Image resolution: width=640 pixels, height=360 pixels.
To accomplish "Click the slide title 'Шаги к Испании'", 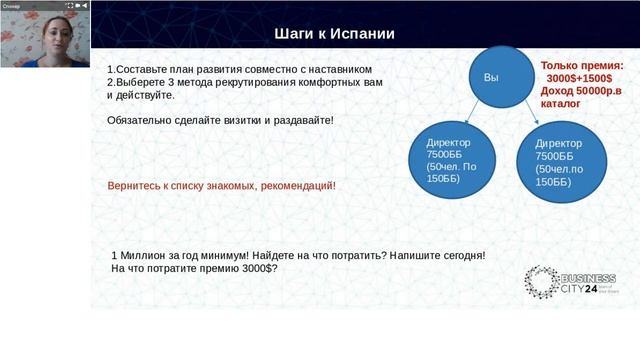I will [x=334, y=35].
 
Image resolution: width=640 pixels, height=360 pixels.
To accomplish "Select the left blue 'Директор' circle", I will [x=447, y=159].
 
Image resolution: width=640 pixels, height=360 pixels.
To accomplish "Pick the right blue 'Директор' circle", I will [x=558, y=163].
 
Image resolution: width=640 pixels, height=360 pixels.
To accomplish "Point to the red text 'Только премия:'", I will [x=589, y=63].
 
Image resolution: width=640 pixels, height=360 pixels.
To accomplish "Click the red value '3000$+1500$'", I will [x=586, y=77].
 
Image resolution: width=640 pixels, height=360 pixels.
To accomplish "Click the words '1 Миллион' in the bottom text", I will [x=138, y=256].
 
